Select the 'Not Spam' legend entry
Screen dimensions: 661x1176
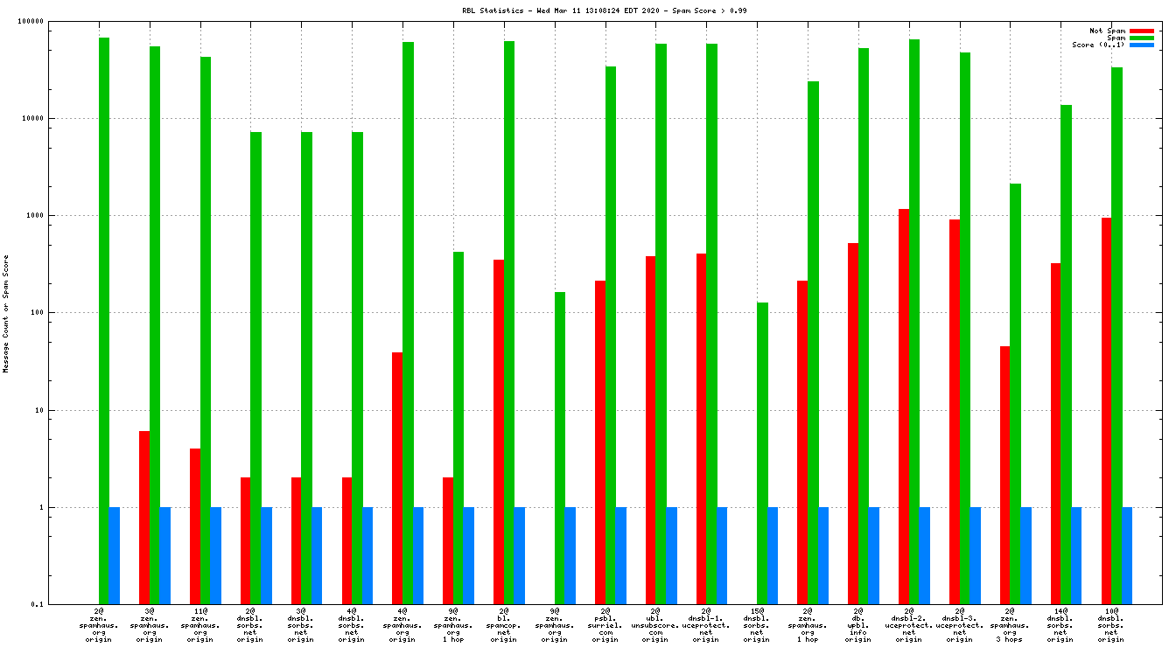tap(1107, 31)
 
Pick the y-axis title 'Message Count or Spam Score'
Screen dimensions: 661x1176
tap(5, 314)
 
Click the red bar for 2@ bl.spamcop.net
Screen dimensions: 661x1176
tap(499, 432)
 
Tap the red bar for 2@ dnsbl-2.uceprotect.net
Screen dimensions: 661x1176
tap(904, 407)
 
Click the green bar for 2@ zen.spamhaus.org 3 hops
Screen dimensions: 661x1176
tap(1015, 393)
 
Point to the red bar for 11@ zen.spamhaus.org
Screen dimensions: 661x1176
tap(195, 526)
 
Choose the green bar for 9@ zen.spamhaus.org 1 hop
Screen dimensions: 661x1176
tap(458, 428)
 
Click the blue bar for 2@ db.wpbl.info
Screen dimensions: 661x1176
tap(874, 555)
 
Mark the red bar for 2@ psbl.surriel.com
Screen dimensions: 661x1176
tap(600, 442)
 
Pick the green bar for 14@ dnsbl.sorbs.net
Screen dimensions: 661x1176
tap(1066, 354)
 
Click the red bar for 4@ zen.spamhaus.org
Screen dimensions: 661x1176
tap(397, 478)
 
